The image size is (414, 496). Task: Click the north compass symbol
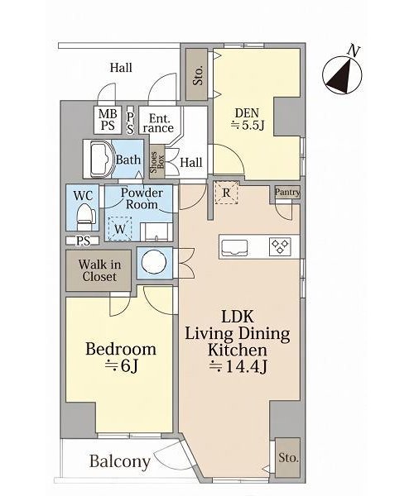[x=342, y=74]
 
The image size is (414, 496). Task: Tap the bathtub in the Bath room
[x=102, y=160]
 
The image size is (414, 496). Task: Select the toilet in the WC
[x=86, y=216]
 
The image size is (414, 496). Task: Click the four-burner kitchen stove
[x=280, y=246]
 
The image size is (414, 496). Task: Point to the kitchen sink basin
[x=234, y=246]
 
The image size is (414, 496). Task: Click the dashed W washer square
[x=120, y=229]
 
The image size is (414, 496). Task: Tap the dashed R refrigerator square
[x=226, y=193]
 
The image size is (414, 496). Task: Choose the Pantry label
[x=287, y=192]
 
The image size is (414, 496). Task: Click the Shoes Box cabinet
[x=157, y=162]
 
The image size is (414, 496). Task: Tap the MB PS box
[x=108, y=119]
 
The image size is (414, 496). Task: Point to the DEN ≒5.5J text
[x=248, y=119]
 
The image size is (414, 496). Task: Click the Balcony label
[x=120, y=461]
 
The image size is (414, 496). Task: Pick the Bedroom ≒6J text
[x=121, y=357]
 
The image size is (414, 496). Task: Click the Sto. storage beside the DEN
[x=197, y=74]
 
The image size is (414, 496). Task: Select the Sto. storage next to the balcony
[x=287, y=457]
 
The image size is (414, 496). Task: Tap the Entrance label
[x=158, y=123]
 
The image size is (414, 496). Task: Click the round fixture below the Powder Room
[x=154, y=263]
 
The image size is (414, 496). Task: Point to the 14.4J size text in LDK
[x=239, y=366]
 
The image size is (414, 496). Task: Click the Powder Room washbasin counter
[x=156, y=231]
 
